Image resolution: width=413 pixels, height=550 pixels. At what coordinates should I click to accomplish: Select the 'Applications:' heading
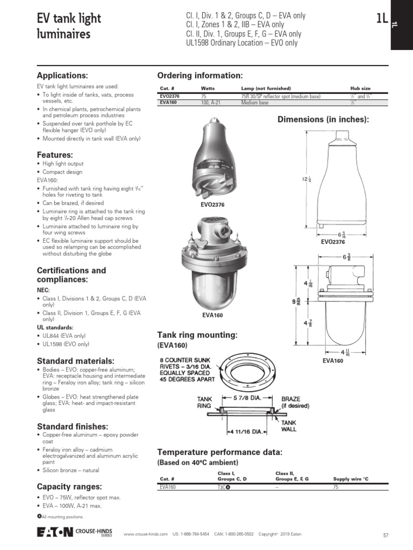click(62, 75)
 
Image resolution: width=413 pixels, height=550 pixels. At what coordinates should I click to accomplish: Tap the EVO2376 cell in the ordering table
click(170, 97)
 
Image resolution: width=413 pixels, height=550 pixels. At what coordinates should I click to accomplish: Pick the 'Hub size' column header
click(360, 89)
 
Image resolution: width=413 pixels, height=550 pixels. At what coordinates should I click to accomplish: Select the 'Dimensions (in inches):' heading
click(323, 119)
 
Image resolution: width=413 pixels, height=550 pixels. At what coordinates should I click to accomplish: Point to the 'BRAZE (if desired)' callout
click(295, 403)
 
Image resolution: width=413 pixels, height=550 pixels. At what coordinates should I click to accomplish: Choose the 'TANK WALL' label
click(289, 426)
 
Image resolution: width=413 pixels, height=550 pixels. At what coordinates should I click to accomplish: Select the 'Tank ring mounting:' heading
click(197, 335)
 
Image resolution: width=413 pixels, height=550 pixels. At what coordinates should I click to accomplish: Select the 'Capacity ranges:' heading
click(68, 486)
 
